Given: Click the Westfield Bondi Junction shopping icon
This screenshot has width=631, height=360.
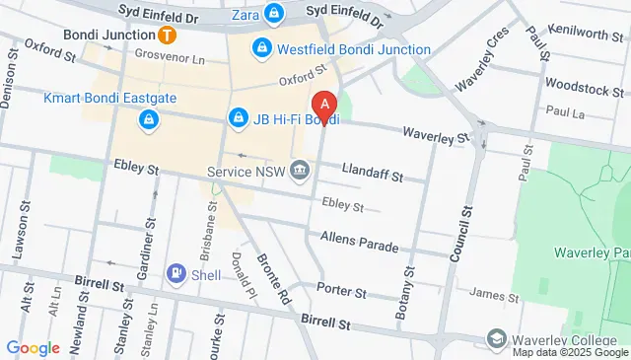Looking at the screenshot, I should click(x=261, y=46).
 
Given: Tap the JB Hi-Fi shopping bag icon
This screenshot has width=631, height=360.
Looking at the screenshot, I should click(x=238, y=119).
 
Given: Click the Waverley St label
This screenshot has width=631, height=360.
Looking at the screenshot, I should click(x=435, y=134).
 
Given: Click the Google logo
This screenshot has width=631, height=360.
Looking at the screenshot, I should click(x=34, y=347).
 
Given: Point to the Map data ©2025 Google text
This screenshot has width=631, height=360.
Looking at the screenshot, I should click(x=568, y=352).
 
